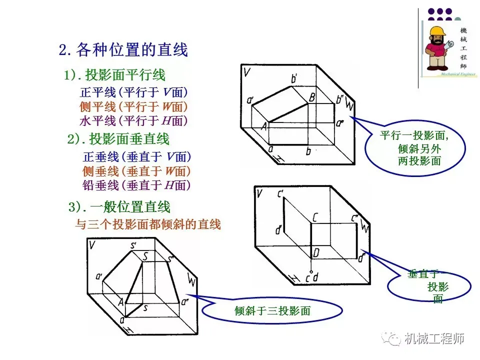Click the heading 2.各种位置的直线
[123, 50]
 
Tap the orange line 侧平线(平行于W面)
[133, 106]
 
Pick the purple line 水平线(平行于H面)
[133, 120]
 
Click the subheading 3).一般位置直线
[119, 206]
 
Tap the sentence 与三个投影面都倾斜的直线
[148, 224]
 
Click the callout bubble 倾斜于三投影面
[272, 311]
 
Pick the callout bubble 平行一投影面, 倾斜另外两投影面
[415, 148]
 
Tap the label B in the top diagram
[311, 97]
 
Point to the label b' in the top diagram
[294, 78]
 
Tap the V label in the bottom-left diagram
[92, 245]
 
